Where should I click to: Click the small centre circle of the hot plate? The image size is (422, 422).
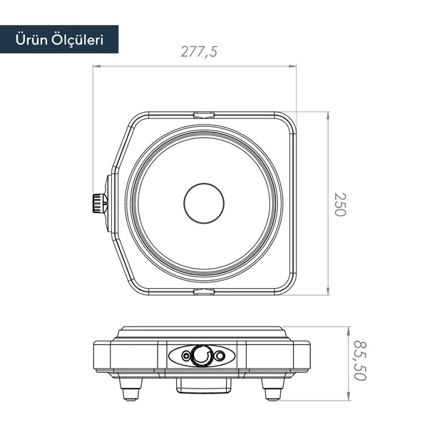205,204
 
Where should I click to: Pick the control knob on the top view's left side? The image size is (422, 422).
98,203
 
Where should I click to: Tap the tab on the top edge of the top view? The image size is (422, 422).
205,114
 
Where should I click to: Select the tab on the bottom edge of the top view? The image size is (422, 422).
205,292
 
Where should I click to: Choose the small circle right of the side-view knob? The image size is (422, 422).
220,356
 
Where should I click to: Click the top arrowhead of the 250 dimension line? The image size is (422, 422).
328,115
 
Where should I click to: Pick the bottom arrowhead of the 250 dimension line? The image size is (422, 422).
328,292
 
